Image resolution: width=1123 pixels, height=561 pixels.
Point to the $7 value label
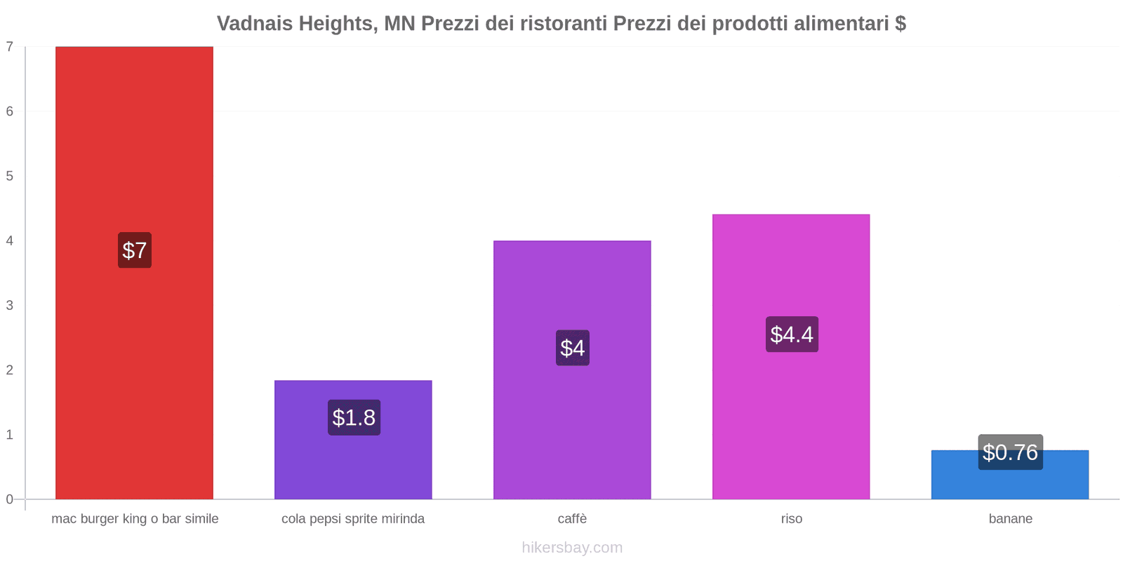(x=134, y=250)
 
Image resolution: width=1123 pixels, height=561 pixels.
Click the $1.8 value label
(x=354, y=418)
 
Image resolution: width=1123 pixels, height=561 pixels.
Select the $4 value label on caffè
(x=572, y=348)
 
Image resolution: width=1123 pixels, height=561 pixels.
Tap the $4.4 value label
(x=792, y=334)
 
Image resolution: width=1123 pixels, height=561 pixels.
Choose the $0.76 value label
(x=1010, y=452)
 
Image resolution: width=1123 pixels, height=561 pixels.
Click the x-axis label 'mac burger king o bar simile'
(x=135, y=519)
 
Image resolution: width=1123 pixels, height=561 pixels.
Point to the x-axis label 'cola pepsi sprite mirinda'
(x=353, y=519)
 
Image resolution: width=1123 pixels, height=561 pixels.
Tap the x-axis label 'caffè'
(x=572, y=519)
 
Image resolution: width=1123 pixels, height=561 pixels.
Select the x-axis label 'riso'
(x=791, y=519)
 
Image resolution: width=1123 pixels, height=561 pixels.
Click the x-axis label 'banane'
(x=1010, y=519)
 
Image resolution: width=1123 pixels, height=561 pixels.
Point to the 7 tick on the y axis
(x=10, y=47)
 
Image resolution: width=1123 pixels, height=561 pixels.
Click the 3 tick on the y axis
(x=10, y=305)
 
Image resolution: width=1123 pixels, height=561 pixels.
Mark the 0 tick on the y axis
(x=10, y=499)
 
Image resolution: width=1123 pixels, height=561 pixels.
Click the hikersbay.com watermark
(x=572, y=548)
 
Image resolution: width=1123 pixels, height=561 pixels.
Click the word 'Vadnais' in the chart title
(x=255, y=24)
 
